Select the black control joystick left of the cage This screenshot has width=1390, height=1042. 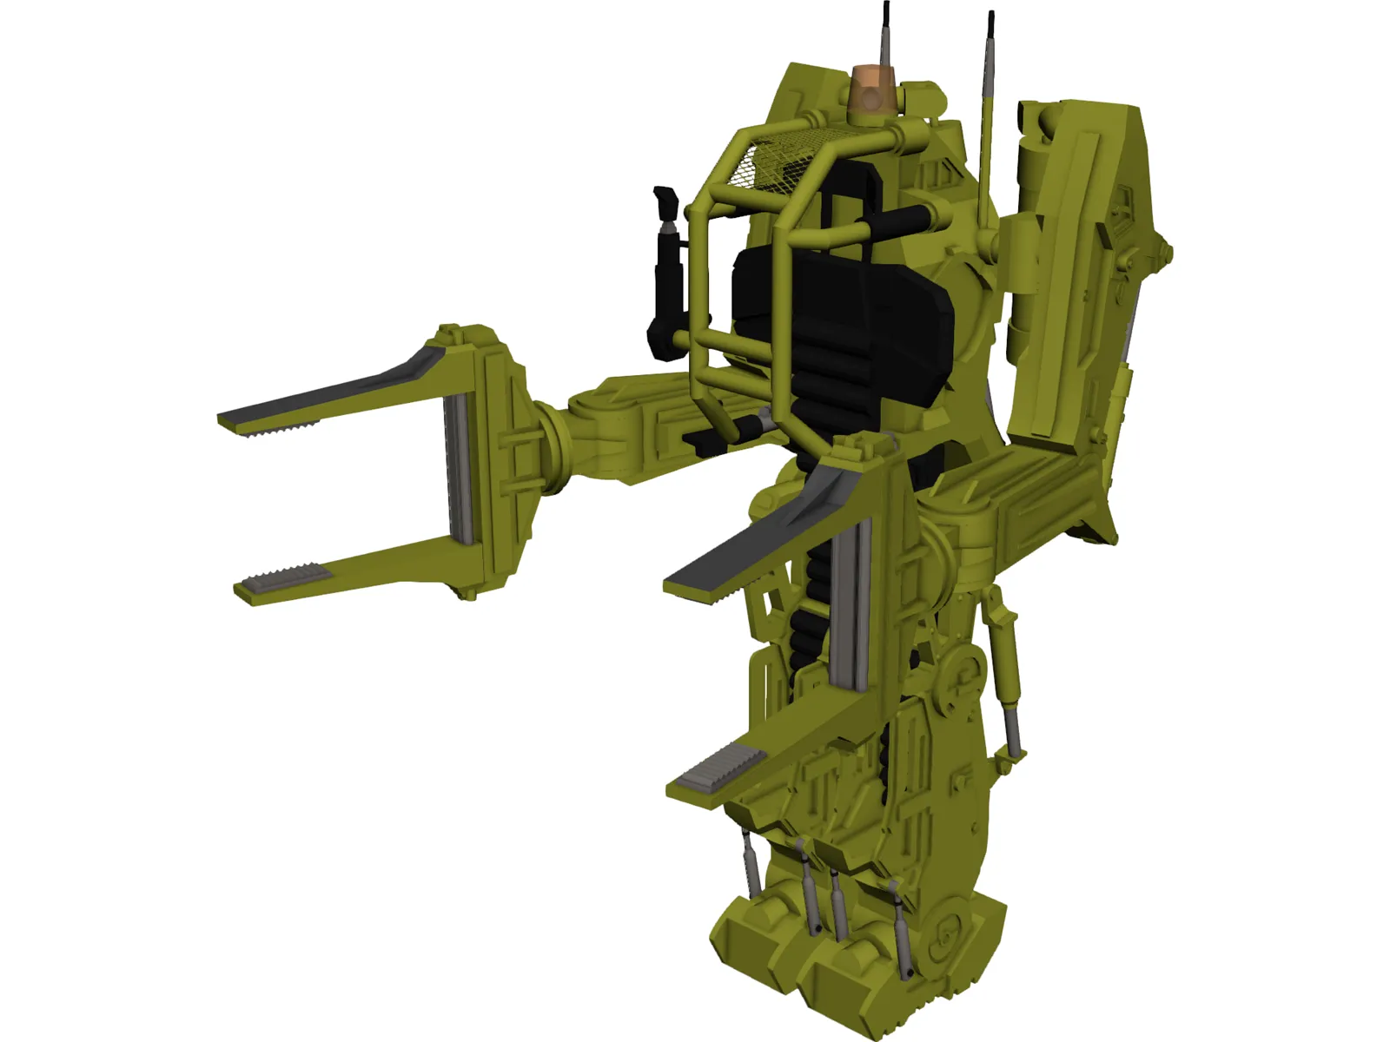pos(665,260)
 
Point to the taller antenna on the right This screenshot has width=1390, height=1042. pos(987,113)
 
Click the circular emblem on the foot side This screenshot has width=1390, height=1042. pos(947,933)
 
